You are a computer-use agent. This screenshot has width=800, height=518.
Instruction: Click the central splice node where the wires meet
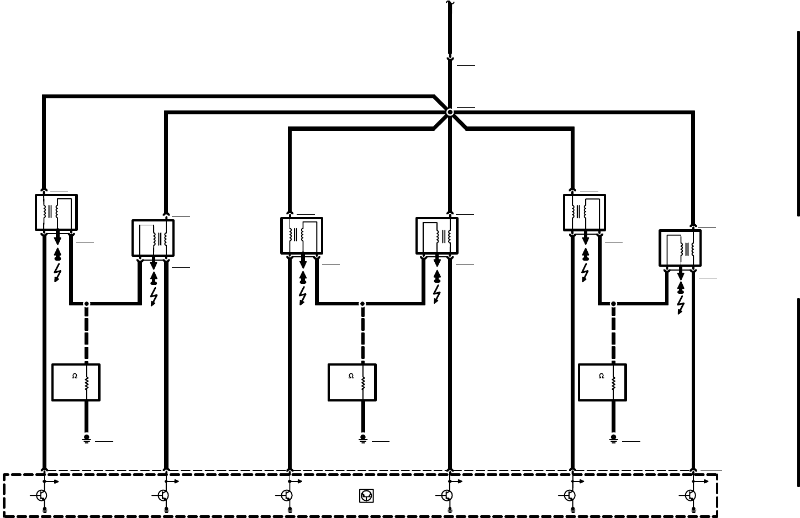450,112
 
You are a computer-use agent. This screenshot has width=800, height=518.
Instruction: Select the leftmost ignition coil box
56,212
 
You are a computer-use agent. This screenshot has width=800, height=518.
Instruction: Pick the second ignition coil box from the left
153,238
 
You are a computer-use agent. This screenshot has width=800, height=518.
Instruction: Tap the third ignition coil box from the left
302,236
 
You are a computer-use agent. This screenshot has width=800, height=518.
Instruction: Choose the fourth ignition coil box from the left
437,236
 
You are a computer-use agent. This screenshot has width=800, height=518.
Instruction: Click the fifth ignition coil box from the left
585,212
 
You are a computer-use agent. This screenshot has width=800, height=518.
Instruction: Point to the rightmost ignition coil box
680,248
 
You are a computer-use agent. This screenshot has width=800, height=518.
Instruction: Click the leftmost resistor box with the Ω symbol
76,382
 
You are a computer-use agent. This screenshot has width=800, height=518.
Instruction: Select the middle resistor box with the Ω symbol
352,382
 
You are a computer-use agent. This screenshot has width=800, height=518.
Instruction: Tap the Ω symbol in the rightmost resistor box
602,377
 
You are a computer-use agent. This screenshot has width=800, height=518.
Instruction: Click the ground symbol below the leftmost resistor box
86,438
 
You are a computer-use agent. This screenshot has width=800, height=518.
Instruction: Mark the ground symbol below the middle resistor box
363,438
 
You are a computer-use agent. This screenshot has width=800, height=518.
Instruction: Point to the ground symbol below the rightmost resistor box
613,438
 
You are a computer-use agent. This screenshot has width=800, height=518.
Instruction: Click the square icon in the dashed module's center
366,496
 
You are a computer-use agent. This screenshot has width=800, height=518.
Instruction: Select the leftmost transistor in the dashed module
42,495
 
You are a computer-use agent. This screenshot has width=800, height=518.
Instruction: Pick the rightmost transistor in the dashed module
691,495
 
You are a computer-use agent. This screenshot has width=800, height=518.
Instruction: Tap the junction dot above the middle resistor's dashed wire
362,304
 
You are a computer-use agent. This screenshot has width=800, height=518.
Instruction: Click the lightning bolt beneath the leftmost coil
57,272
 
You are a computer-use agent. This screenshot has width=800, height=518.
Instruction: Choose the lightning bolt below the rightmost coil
681,305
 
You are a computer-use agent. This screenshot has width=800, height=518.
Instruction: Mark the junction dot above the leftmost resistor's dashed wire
86,304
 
